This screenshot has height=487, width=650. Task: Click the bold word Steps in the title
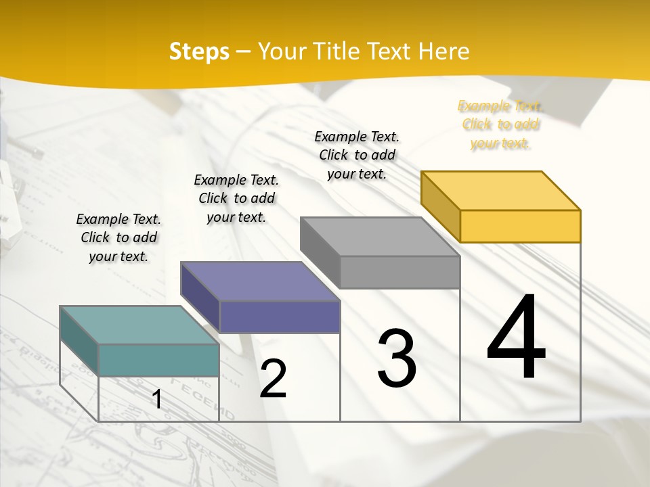click(x=199, y=51)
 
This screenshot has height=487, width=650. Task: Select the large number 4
click(x=516, y=338)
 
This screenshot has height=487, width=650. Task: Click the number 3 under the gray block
click(x=397, y=358)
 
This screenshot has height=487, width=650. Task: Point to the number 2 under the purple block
click(x=274, y=379)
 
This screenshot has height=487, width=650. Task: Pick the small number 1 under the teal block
click(x=157, y=400)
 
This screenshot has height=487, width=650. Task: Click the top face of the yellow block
click(x=500, y=190)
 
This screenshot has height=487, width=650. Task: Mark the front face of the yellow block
click(x=520, y=226)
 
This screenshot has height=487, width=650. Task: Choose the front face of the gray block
click(x=399, y=273)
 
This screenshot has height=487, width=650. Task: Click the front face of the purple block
click(x=279, y=317)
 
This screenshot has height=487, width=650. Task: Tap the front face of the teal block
click(x=158, y=360)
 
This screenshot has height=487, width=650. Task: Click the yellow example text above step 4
click(x=500, y=124)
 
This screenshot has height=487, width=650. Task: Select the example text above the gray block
click(x=357, y=155)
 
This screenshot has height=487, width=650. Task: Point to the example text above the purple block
click(x=236, y=198)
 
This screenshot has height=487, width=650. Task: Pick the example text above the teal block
click(x=118, y=237)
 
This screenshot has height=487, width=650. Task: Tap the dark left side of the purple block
click(x=200, y=298)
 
